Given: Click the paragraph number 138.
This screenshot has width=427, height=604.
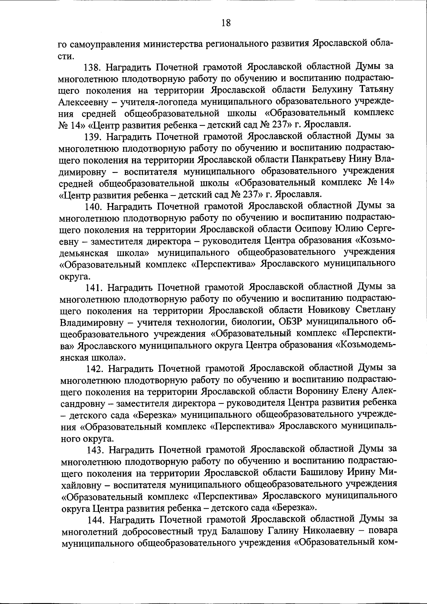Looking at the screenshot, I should pos(93,67).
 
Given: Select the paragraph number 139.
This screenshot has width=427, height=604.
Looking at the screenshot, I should pos(93,136).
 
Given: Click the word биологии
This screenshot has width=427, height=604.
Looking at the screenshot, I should pos(251,322).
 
